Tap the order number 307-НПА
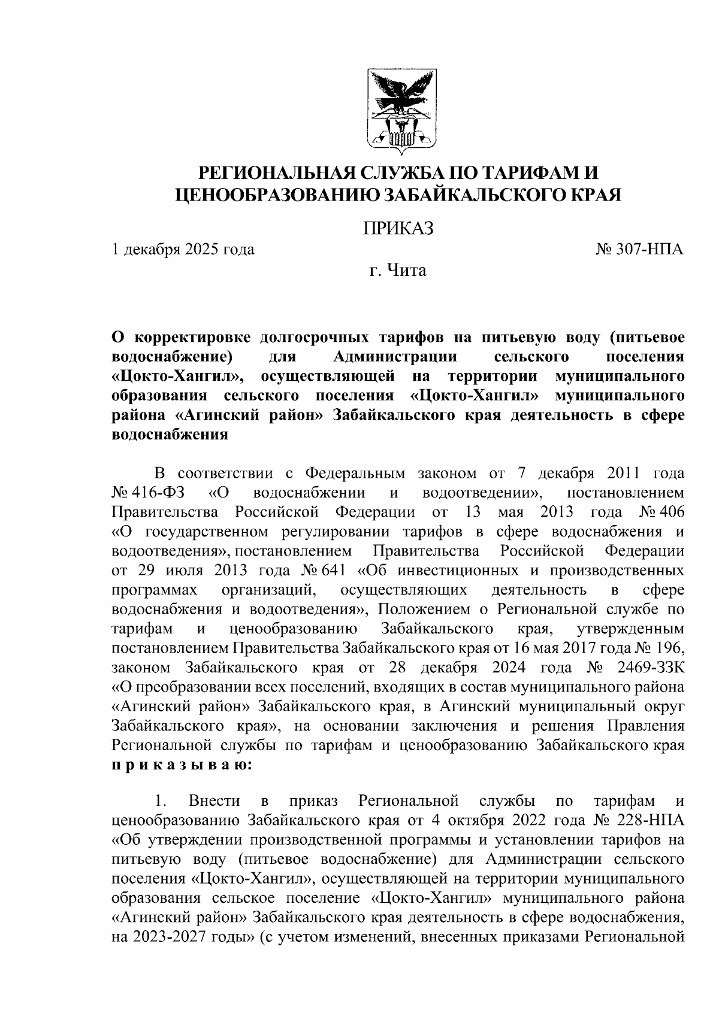648,249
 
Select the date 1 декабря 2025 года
183,249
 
